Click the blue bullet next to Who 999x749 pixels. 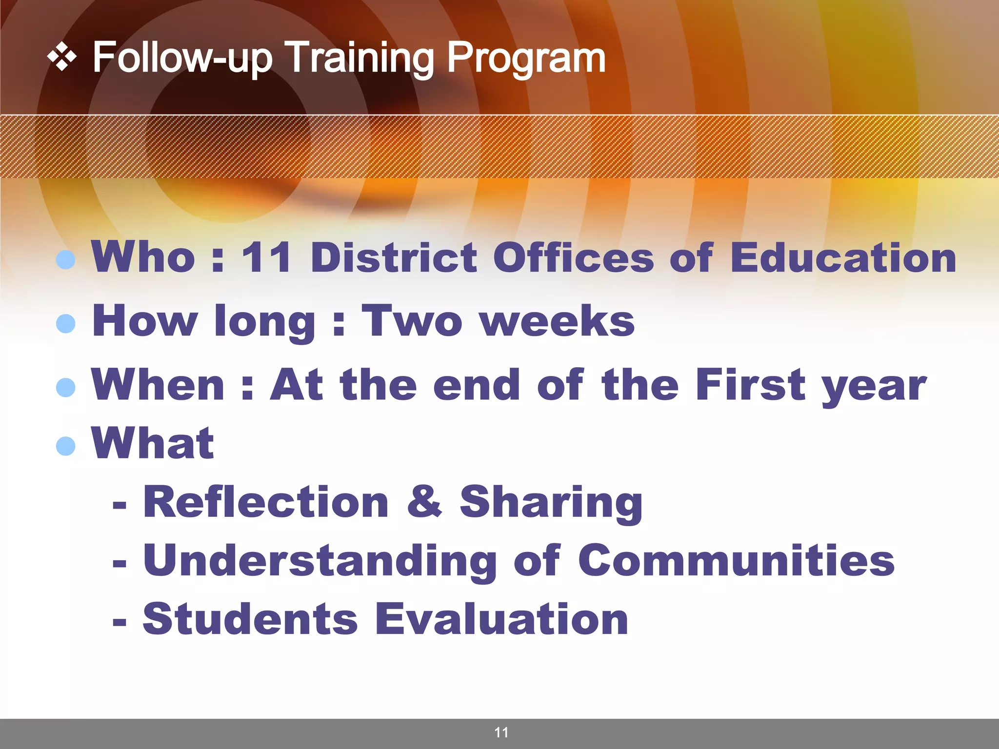tap(66, 260)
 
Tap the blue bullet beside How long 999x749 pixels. tap(66, 323)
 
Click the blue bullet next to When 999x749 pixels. tap(66, 388)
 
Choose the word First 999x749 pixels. tap(750, 385)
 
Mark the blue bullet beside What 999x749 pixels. tap(66, 446)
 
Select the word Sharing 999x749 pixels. tap(551, 503)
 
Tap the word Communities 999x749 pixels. tap(736, 561)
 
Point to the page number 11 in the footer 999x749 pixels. tap(501, 732)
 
